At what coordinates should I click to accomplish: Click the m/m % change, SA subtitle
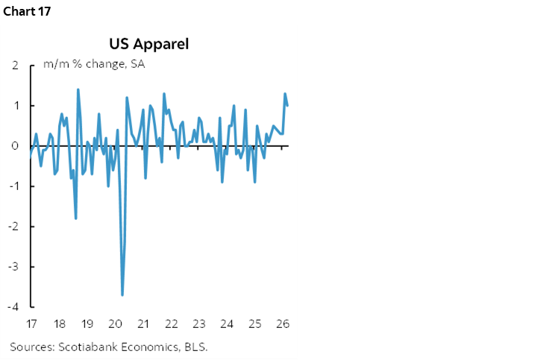pyautogui.click(x=93, y=64)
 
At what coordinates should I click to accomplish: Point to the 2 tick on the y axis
pyautogui.click(x=15, y=66)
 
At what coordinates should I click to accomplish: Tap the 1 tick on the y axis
pyautogui.click(x=15, y=106)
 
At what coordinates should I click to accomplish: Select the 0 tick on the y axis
pyautogui.click(x=15, y=146)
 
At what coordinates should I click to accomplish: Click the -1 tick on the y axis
pyautogui.click(x=13, y=186)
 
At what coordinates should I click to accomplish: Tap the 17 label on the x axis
pyautogui.click(x=31, y=324)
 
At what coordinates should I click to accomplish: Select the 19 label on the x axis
pyautogui.click(x=87, y=324)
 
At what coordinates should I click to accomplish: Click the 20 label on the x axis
pyautogui.click(x=115, y=324)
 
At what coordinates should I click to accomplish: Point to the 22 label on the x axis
pyautogui.click(x=171, y=324)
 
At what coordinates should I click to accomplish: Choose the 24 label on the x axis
pyautogui.click(x=227, y=324)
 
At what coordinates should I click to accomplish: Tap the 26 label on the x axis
pyautogui.click(x=283, y=324)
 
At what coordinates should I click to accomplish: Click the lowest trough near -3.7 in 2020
pyautogui.click(x=122, y=294)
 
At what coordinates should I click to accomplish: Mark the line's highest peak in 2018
pyautogui.click(x=78, y=90)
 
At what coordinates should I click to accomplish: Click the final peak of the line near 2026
pyautogui.click(x=285, y=94)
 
